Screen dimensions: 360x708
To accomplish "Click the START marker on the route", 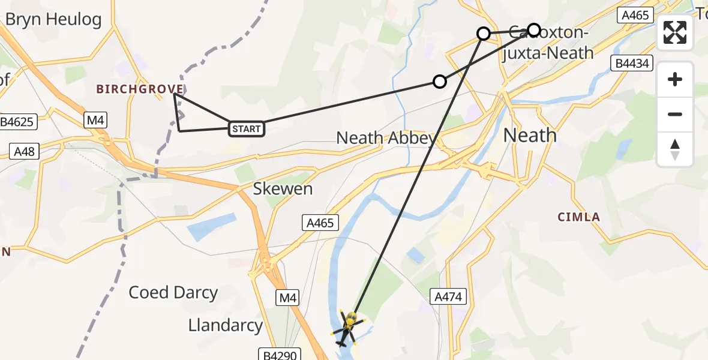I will [246, 128].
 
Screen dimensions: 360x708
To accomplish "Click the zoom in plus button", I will [675, 80].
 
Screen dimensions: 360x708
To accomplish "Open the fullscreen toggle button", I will [675, 32].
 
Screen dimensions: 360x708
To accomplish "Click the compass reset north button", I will [675, 150].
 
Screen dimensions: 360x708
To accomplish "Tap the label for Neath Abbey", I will [386, 138].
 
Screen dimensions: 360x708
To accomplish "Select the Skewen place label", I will [283, 189].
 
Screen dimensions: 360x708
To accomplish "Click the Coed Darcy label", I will [173, 293].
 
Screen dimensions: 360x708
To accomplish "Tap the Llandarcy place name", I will [226, 326].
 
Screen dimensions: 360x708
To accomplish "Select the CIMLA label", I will [579, 217].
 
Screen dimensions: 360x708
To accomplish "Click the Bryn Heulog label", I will [53, 19].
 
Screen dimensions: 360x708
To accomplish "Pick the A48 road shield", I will [25, 151].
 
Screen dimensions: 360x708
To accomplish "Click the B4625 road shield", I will [19, 122].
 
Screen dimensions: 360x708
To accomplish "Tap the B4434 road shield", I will [631, 63].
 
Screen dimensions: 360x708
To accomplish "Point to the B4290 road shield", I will [278, 355].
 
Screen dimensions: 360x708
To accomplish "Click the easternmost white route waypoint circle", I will [534, 29].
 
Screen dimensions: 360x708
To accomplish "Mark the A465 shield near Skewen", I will [320, 223].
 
